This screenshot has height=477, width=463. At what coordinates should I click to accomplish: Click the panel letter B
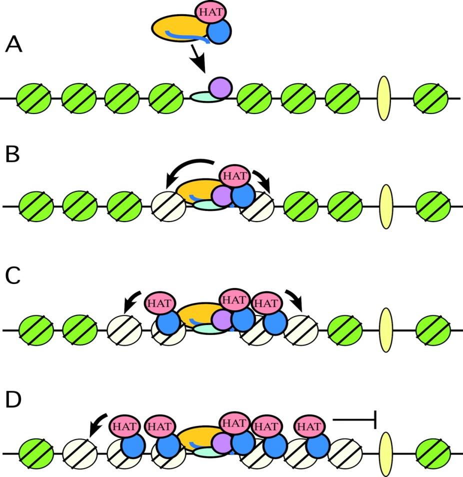[x=12, y=155]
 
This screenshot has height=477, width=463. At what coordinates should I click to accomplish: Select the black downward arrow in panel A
[x=197, y=62]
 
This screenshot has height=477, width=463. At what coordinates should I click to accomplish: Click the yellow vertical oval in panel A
[x=383, y=98]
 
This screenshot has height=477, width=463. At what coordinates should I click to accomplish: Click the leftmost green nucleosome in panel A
[x=33, y=98]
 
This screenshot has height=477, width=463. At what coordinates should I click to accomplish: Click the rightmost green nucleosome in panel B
[x=433, y=206]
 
